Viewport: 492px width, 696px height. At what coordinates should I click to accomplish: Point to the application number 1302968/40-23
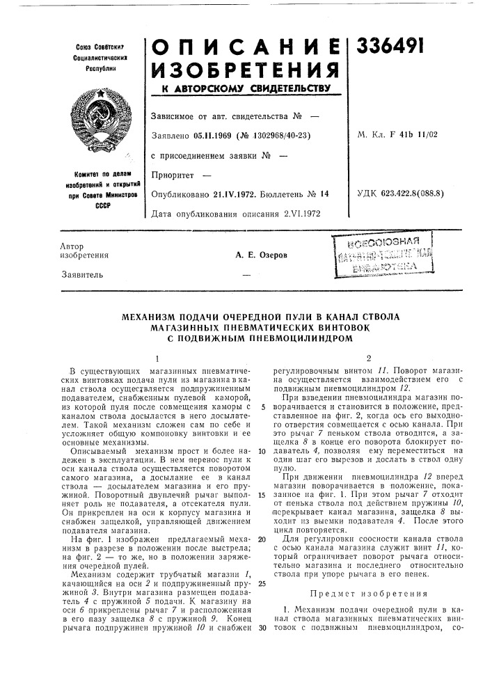click(268, 135)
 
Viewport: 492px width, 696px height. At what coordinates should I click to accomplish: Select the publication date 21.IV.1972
click(234, 195)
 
